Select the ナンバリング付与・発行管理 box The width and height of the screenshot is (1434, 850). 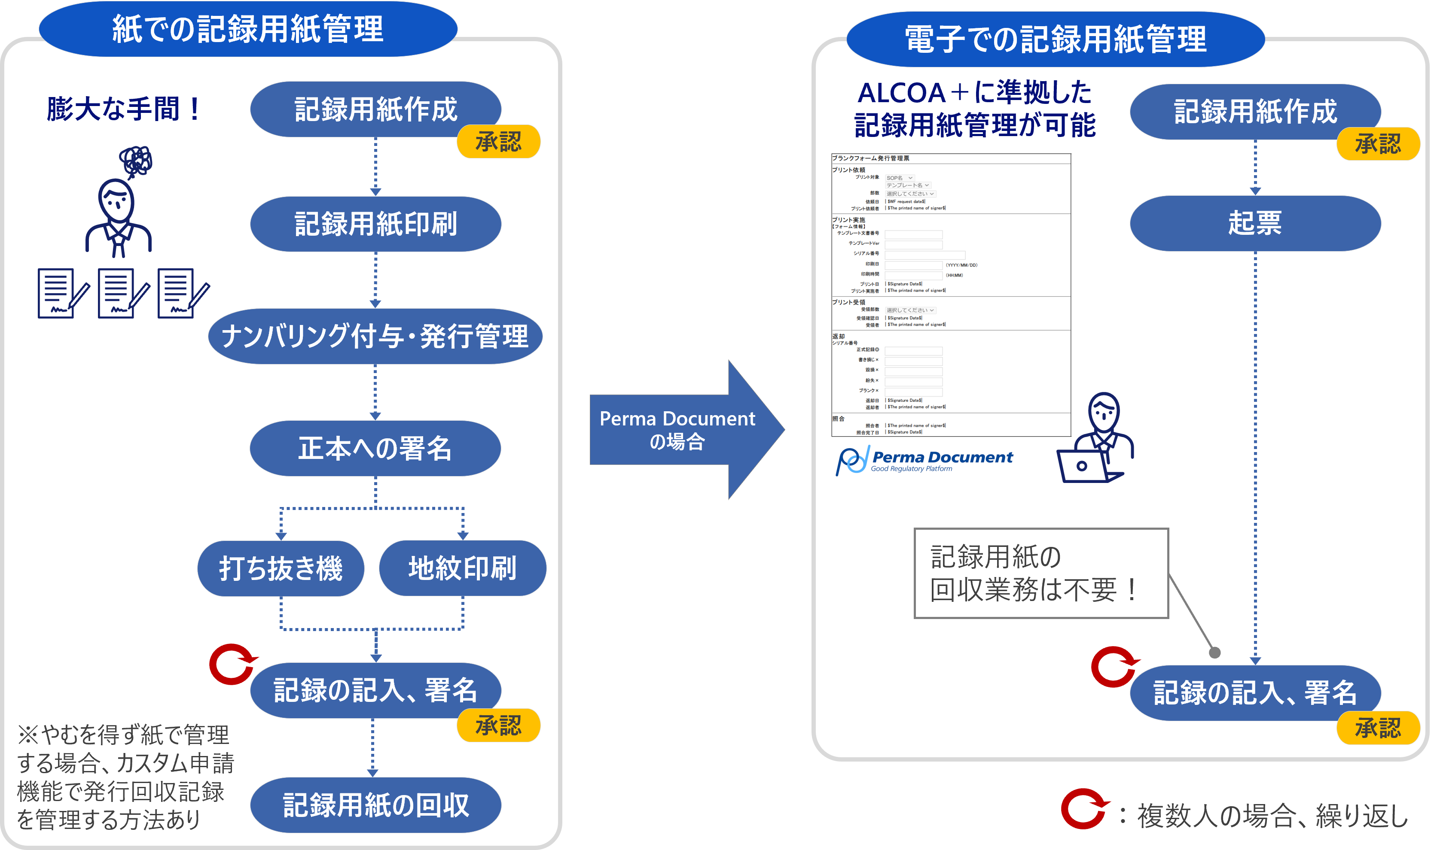click(x=375, y=336)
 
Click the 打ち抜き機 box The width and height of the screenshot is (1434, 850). click(x=281, y=568)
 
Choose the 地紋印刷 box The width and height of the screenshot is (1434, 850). click(x=463, y=568)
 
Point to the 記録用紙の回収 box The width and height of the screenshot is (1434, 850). click(x=375, y=805)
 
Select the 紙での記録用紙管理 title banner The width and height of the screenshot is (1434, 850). click(x=247, y=29)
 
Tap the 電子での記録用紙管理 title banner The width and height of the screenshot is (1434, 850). click(x=1055, y=39)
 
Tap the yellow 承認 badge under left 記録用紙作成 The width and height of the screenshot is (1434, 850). click(x=498, y=142)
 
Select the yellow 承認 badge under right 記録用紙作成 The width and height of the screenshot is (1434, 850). click(x=1378, y=144)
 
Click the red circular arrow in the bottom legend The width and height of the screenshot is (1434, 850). click(x=1083, y=809)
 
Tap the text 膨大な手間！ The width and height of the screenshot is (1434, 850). click(x=124, y=109)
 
